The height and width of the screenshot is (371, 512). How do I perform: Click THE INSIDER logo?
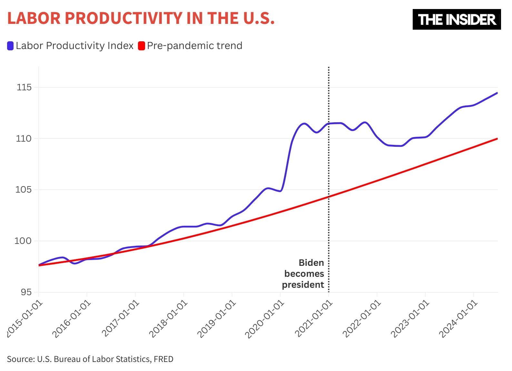point(456,20)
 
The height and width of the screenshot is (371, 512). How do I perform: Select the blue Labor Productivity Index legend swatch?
point(10,46)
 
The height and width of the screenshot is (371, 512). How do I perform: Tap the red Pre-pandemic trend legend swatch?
point(142,46)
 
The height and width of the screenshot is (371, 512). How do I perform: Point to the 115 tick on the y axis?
point(24,87)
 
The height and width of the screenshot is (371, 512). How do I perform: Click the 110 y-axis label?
point(24,139)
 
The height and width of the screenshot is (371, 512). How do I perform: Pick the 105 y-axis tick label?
point(24,190)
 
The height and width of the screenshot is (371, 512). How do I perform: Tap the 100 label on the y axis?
point(23,241)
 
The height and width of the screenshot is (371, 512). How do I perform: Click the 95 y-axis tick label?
point(26,292)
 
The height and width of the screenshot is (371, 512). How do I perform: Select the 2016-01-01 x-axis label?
point(72,319)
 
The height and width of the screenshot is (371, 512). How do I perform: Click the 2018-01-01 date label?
point(168,319)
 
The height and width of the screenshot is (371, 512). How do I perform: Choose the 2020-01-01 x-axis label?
point(265,319)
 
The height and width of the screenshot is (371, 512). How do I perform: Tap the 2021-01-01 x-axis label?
point(313,319)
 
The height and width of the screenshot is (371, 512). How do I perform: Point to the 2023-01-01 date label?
point(410,319)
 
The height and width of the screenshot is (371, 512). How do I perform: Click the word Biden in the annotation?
point(311,263)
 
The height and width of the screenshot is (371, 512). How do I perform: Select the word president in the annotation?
point(303,285)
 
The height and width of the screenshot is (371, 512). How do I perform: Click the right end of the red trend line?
point(497,139)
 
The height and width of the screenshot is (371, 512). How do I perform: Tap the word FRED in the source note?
point(163,359)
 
